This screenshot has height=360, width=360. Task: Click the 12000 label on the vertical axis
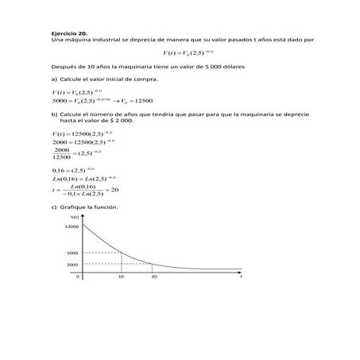click(72, 226)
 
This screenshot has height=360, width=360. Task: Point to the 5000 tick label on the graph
click(73, 253)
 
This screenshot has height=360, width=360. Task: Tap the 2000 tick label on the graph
click(73, 264)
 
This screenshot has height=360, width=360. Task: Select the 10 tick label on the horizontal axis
click(121, 277)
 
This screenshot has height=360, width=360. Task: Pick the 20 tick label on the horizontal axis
click(154, 277)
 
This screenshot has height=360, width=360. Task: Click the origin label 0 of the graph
click(78, 277)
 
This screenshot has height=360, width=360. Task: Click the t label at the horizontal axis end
click(240, 277)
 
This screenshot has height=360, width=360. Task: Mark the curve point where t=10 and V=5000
click(121, 253)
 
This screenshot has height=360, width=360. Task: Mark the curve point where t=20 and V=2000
click(154, 264)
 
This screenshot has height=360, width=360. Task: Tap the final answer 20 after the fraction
click(114, 189)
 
